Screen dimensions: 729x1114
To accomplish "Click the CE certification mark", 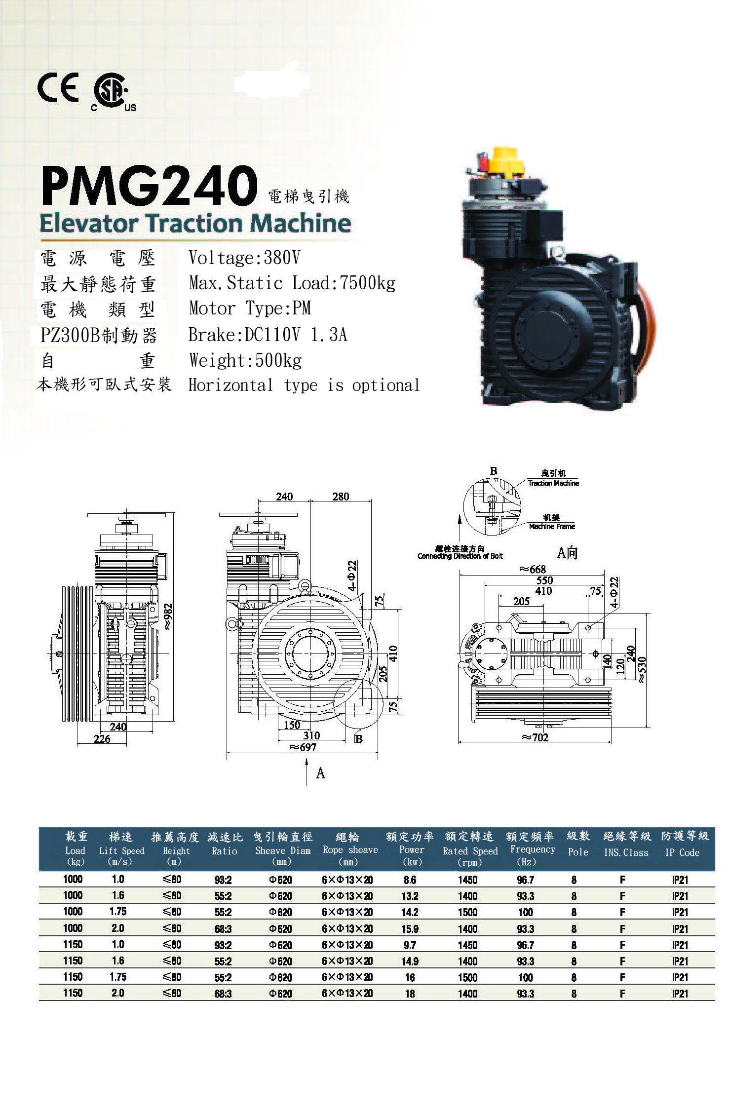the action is point(58,87).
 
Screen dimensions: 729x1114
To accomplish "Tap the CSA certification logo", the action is point(113,94).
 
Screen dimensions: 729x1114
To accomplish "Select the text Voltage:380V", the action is point(244,258).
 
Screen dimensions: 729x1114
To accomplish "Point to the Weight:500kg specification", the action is point(245,360).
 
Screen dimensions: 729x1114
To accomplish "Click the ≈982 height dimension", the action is point(168,617).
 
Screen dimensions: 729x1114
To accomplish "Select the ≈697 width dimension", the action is point(303,747).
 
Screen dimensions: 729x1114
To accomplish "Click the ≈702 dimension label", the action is point(535,737).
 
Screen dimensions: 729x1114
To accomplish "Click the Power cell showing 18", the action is point(410,994).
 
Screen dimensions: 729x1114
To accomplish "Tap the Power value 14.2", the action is point(410,912).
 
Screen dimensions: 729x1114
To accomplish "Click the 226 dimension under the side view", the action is point(102,739).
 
